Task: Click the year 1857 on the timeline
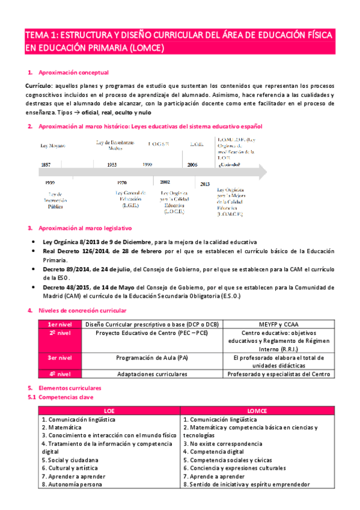(46, 164)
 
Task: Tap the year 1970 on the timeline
(122, 182)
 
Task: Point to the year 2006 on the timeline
(192, 164)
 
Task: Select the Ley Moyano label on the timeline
(53, 146)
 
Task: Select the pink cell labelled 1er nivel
(60, 324)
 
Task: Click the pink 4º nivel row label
(60, 374)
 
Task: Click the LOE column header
(109, 410)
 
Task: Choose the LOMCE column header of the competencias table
(257, 410)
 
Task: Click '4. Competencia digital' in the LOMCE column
(213, 451)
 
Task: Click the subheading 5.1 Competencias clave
(63, 398)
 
